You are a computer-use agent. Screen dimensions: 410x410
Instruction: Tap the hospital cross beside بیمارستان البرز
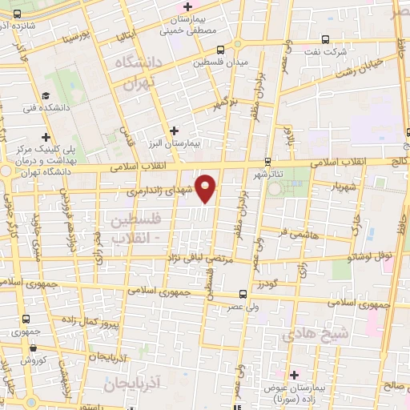174,130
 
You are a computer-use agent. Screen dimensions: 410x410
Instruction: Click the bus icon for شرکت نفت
325,39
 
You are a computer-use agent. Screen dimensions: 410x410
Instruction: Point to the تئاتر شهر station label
268,175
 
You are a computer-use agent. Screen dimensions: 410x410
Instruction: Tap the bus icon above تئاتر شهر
267,161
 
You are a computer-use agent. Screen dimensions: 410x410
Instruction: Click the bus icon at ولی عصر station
243,295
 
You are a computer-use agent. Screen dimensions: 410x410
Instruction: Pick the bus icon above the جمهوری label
26,319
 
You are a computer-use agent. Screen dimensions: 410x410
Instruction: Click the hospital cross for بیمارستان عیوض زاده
294,375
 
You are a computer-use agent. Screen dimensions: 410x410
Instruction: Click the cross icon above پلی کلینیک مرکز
46,137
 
